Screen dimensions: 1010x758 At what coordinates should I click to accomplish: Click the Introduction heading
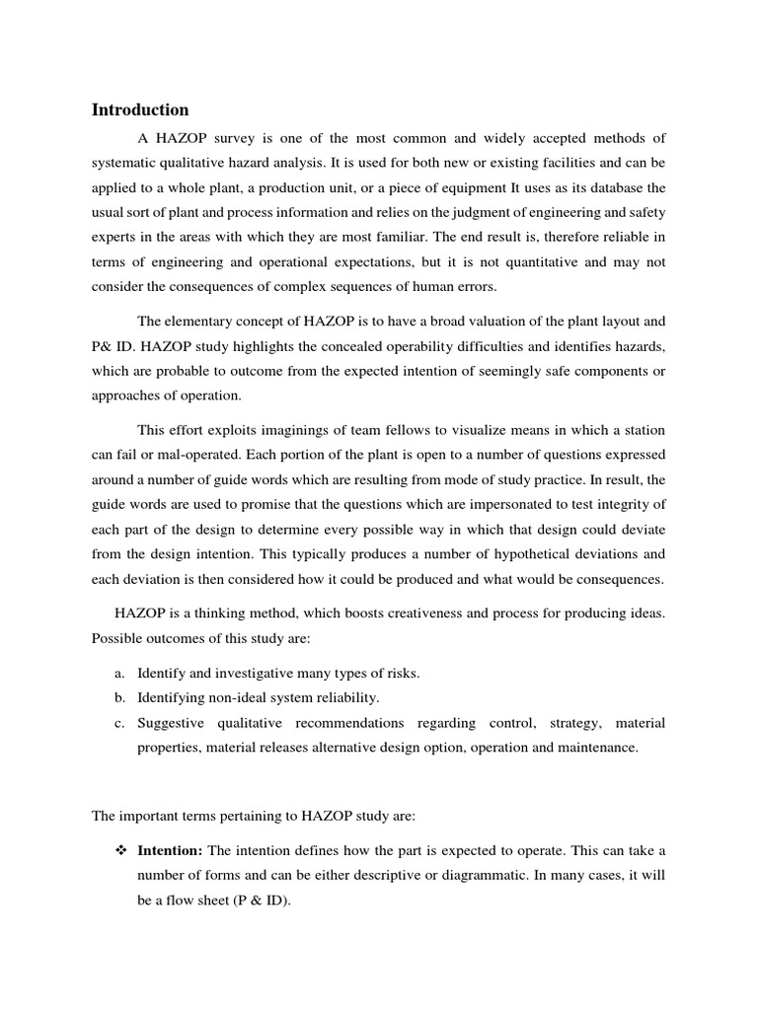(x=140, y=109)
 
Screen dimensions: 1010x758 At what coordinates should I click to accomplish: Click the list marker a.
(x=118, y=673)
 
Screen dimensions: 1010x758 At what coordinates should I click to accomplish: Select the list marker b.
(x=118, y=698)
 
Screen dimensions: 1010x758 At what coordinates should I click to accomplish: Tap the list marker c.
(x=118, y=723)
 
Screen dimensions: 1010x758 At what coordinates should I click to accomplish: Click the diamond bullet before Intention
(x=119, y=850)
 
